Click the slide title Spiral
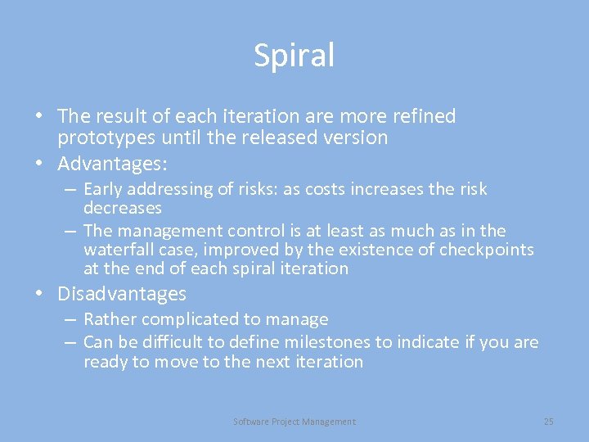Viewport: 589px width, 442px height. tap(294, 56)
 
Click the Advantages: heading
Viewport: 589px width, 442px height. tap(112, 164)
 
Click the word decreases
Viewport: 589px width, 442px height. tap(123, 208)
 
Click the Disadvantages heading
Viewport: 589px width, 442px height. tap(122, 294)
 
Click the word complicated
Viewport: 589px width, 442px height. tap(190, 319)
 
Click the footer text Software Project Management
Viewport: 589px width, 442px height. tap(294, 422)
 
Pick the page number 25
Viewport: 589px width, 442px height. tap(548, 422)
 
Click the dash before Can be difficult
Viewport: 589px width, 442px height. tap(70, 342)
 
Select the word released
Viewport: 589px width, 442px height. tap(305, 138)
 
